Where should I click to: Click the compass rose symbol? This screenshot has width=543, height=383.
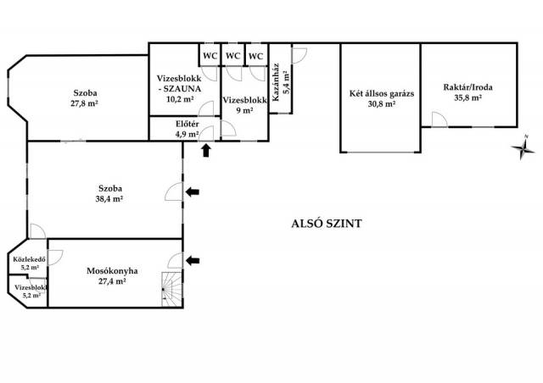(523, 147)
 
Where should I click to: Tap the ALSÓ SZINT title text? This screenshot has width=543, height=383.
(326, 224)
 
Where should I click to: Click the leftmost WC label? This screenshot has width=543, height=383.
(210, 56)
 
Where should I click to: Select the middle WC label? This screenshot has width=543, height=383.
(233, 56)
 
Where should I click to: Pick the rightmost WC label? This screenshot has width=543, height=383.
(256, 56)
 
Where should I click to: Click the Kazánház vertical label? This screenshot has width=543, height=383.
(276, 83)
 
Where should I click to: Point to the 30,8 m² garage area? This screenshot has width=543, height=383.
(381, 103)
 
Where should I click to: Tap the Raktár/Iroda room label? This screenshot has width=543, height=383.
(467, 87)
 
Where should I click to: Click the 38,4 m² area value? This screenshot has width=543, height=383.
(109, 199)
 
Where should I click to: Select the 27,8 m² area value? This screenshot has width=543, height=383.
(85, 103)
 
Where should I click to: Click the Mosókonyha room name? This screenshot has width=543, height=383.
(112, 271)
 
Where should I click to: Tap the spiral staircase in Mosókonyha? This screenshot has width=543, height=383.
(171, 289)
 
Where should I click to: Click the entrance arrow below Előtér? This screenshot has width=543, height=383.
(206, 151)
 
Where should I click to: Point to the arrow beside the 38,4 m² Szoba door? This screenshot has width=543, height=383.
(193, 192)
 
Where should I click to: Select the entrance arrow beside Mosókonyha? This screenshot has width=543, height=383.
(193, 260)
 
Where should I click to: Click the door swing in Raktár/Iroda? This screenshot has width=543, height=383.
(439, 119)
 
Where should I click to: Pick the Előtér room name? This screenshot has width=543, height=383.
(187, 124)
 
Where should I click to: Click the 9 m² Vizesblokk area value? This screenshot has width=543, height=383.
(244, 111)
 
